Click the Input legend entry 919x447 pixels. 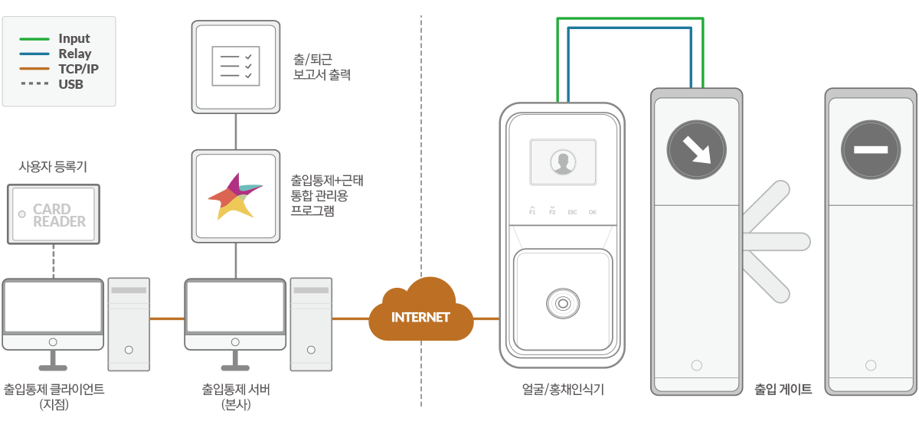tap(74, 38)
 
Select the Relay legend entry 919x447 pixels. tap(74, 54)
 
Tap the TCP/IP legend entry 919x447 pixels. tap(78, 69)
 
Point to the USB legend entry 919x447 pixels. tap(70, 84)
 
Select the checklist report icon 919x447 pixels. tap(235, 66)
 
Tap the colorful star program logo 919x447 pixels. tap(235, 196)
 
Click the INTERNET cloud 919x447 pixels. tap(420, 315)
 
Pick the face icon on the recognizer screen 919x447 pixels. tap(563, 162)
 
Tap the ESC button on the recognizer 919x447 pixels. tap(572, 211)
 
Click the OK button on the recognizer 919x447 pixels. tap(593, 211)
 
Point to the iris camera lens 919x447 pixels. tap(563, 303)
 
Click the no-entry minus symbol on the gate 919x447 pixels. tap(870, 149)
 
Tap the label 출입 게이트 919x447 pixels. tap(783, 390)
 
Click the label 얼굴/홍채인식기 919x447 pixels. tap(562, 390)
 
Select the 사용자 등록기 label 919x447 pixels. tap(52, 167)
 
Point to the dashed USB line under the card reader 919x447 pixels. tap(53, 261)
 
